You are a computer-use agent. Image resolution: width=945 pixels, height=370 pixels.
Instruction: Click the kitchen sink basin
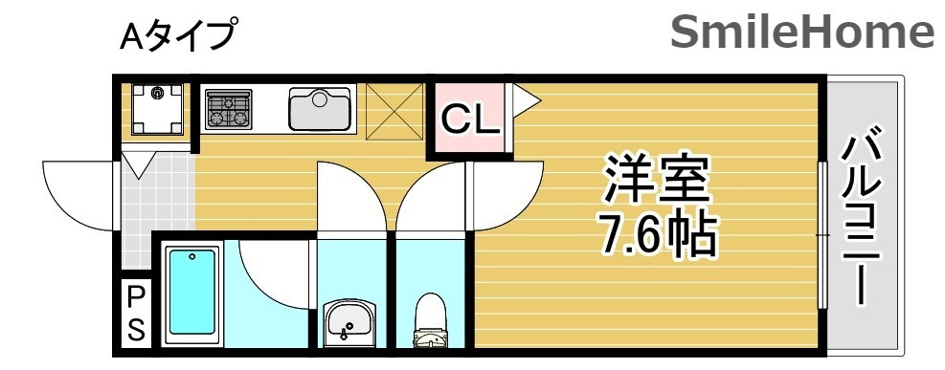click(x=320, y=108)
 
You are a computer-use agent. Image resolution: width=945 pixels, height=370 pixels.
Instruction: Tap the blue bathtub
click(x=191, y=294)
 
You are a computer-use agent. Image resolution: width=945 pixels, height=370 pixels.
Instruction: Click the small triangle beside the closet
click(x=526, y=98)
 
